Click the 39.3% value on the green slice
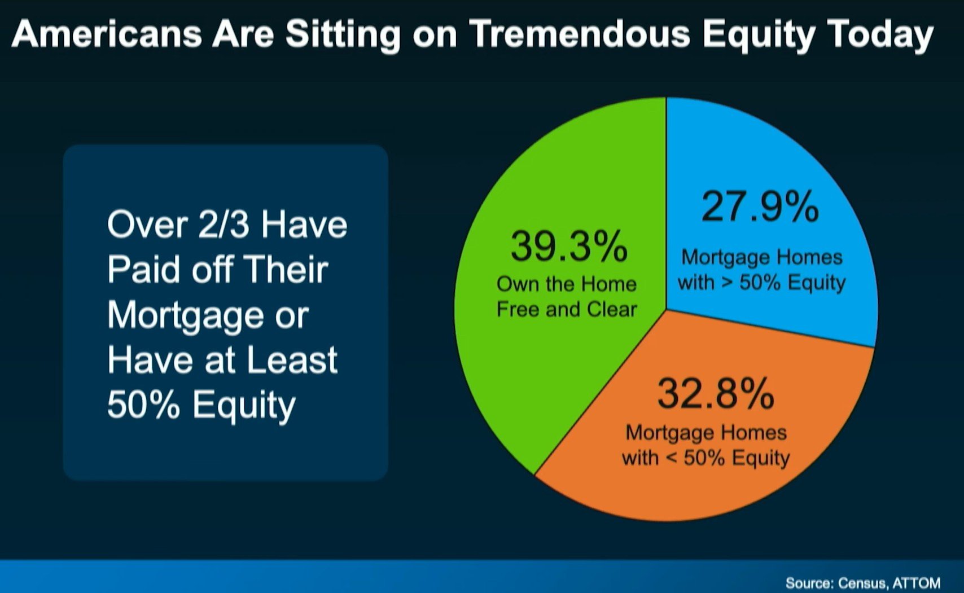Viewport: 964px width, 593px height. (569, 246)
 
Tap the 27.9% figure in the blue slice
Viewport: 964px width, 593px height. (760, 207)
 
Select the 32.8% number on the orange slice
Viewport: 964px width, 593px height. (716, 393)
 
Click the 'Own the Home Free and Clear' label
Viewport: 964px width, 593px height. (567, 297)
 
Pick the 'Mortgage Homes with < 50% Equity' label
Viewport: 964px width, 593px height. (706, 445)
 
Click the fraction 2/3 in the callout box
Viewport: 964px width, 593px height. (224, 224)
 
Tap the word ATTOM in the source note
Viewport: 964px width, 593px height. (917, 583)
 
